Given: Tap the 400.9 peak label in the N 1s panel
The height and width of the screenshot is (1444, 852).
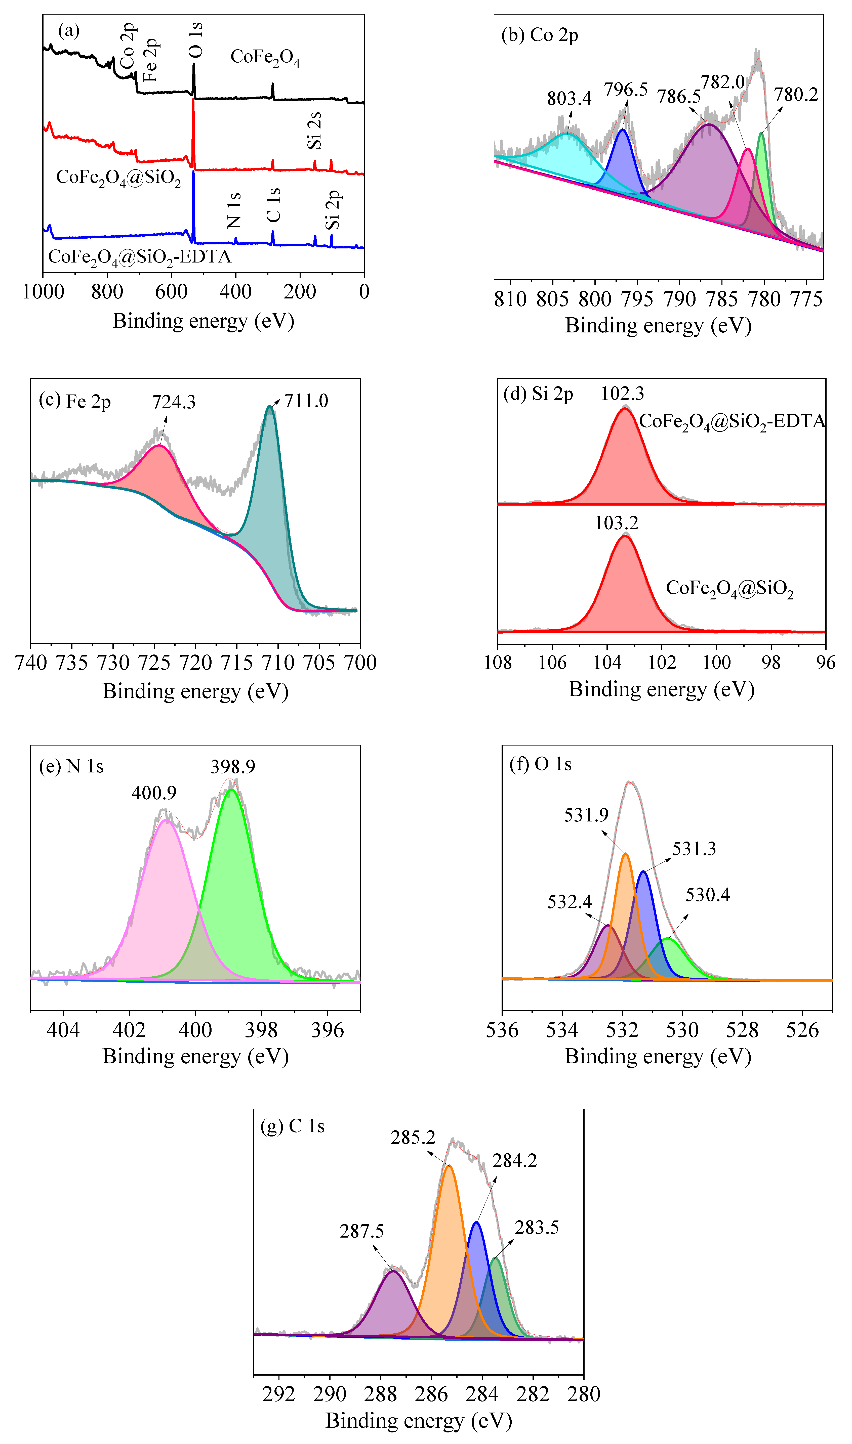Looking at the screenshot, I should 154,793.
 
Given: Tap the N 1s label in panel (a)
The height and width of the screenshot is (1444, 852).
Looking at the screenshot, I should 234,210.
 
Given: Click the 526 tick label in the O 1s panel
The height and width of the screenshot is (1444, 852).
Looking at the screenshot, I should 802,1030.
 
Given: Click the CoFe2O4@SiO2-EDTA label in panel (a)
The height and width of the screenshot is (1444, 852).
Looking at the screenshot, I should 140,256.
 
